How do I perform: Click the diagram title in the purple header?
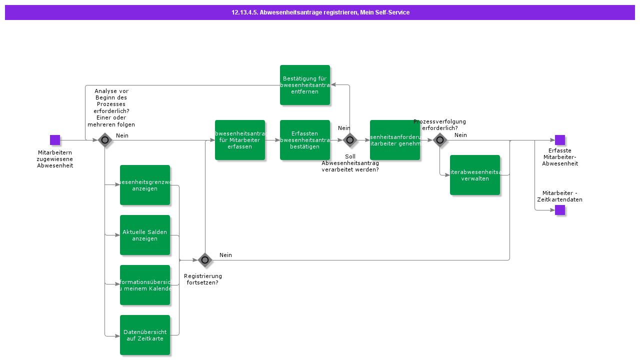(x=320, y=12)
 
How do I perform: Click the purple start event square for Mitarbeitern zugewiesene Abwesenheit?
(x=55, y=140)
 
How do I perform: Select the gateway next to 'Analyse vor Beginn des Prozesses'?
(x=105, y=140)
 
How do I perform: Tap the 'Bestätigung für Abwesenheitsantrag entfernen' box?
(x=305, y=85)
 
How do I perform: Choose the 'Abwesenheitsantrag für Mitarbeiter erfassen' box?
(x=240, y=140)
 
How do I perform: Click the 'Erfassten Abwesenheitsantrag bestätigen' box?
(x=305, y=140)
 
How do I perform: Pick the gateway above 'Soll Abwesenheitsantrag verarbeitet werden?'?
(x=350, y=140)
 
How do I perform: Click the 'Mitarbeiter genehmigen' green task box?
(x=395, y=140)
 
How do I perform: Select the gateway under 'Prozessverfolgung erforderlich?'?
(x=440, y=140)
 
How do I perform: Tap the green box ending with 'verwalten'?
(x=475, y=175)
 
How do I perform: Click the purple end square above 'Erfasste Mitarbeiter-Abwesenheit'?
(x=560, y=140)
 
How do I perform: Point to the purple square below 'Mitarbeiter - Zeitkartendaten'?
(x=560, y=210)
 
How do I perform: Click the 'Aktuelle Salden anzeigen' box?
(x=145, y=235)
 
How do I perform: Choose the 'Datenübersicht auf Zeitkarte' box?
(x=145, y=335)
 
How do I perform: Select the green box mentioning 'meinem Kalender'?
(x=145, y=285)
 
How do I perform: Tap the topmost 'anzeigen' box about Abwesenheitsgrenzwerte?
(x=145, y=185)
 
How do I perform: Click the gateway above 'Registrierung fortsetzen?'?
(x=205, y=260)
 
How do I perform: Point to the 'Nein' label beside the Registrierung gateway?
(x=225, y=255)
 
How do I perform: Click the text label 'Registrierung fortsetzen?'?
(x=202, y=279)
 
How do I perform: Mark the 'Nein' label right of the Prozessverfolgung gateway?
(x=460, y=135)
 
